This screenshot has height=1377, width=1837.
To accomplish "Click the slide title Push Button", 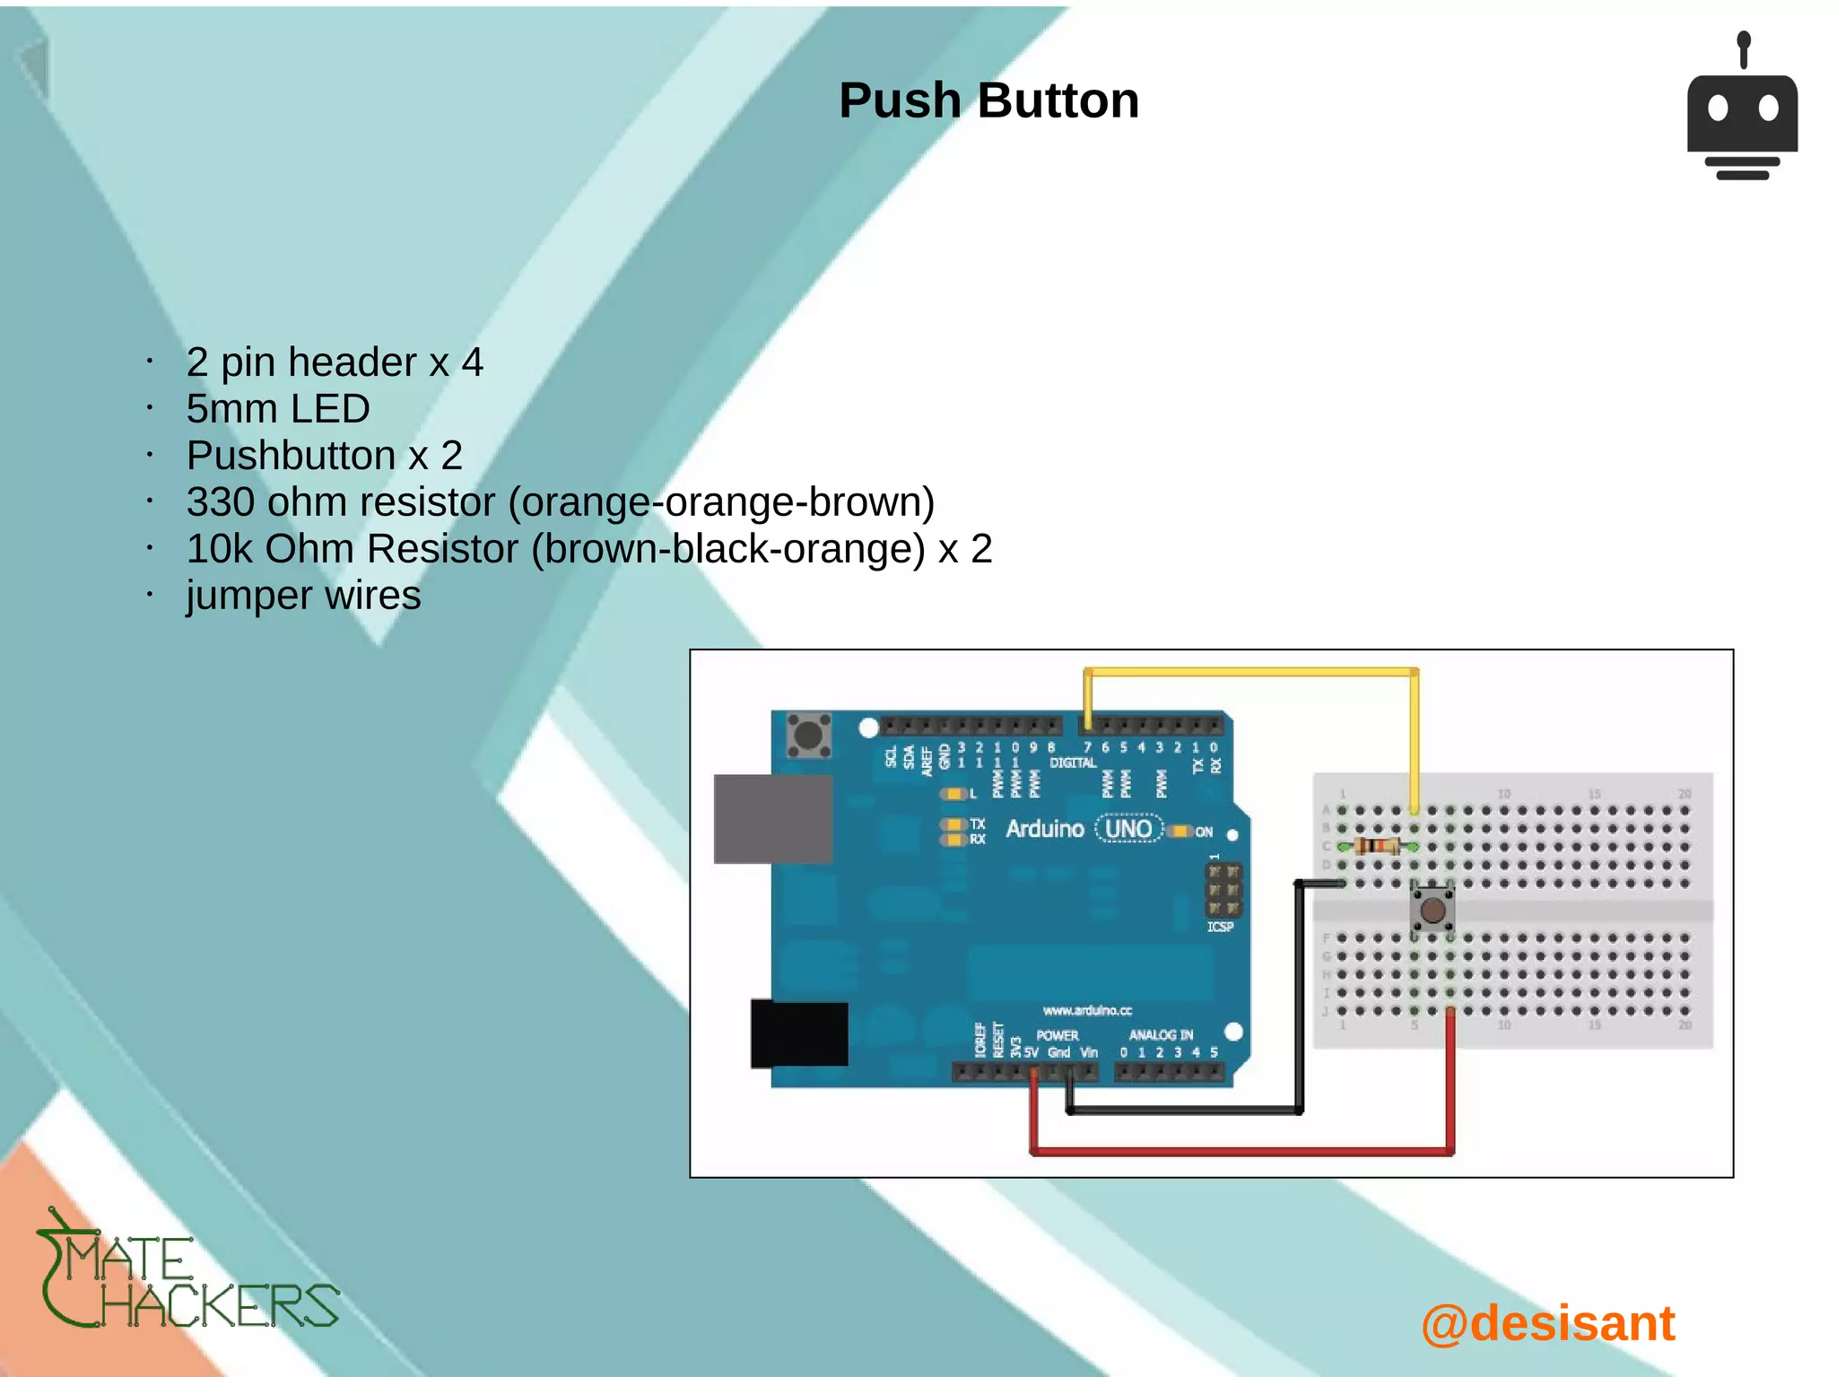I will (988, 100).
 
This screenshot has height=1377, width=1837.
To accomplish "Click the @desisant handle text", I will (1548, 1323).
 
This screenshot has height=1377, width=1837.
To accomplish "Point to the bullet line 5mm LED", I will (278, 409).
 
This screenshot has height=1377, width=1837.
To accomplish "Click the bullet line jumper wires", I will (303, 596).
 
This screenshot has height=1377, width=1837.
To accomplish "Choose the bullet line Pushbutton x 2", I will (324, 456).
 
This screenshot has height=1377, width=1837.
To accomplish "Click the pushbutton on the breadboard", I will (1432, 910).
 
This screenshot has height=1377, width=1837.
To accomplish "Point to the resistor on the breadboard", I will (1377, 846).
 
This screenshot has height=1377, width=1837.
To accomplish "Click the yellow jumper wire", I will (1251, 672).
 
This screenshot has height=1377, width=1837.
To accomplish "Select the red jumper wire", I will (1242, 1150).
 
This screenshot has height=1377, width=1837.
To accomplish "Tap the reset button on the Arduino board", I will (808, 736).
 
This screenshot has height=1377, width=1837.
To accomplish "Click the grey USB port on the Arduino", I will (772, 818).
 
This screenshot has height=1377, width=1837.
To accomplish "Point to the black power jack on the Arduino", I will (798, 1033).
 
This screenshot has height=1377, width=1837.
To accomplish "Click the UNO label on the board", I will (1128, 829).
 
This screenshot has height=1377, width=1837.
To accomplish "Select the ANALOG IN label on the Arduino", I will (1161, 1034).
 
